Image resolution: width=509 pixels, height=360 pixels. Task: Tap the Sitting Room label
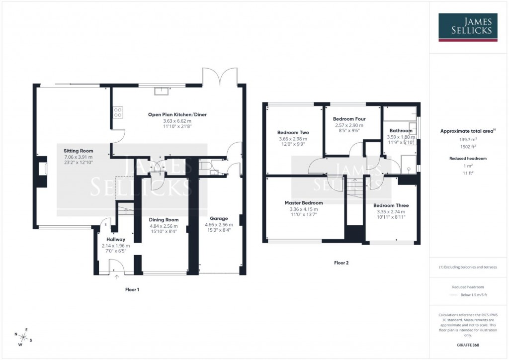78,151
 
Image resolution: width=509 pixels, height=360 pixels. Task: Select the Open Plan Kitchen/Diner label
177,115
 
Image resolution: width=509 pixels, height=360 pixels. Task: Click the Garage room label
219,218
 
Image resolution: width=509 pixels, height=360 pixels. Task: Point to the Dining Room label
164,220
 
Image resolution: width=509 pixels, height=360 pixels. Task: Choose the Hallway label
115,239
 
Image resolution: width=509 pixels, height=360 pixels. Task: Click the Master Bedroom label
303,203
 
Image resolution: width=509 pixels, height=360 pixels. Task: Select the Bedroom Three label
391,205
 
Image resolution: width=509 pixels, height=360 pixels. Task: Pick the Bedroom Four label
348,119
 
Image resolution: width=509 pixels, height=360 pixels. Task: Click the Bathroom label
401,131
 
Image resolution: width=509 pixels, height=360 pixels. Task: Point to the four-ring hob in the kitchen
118,113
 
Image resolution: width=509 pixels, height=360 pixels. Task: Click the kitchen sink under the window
162,90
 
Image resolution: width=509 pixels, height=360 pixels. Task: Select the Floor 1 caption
132,289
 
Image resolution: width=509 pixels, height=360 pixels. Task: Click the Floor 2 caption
341,263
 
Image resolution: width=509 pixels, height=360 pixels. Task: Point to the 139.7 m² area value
467,140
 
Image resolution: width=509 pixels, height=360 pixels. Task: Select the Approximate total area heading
467,131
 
